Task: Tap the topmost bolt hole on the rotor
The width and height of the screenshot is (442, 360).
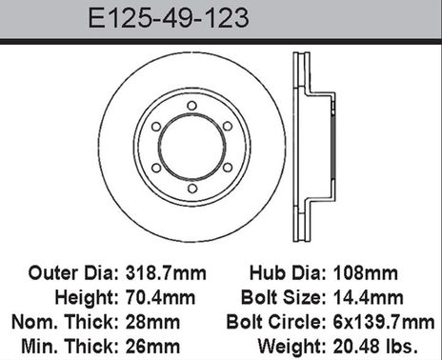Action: click(x=191, y=106)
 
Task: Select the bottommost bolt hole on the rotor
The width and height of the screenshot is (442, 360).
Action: click(x=191, y=188)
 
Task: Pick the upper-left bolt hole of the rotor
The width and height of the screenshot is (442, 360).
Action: click(x=156, y=126)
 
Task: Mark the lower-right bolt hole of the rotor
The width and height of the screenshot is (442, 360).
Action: click(x=227, y=168)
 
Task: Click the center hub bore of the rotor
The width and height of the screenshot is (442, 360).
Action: click(x=191, y=147)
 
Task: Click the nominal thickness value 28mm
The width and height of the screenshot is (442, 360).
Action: click(x=151, y=319)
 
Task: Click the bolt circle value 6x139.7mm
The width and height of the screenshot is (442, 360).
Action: click(x=385, y=319)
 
